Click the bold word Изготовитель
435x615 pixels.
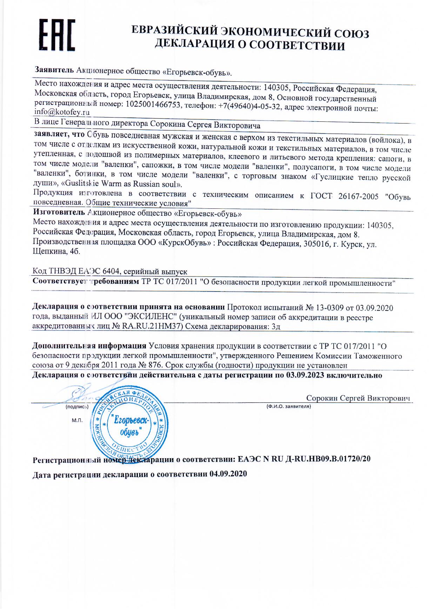[x=59, y=212]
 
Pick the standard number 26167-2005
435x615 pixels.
[x=358, y=196]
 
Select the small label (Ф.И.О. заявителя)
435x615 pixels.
[x=289, y=407]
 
